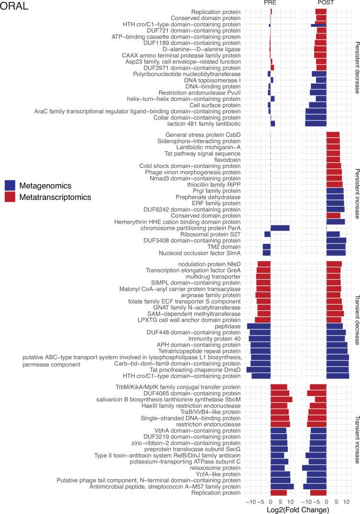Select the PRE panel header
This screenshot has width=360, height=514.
point(271,3)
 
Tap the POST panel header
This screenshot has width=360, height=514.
point(326,3)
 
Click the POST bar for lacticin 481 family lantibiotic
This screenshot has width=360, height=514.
point(316,123)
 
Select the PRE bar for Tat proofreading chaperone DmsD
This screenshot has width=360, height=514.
point(258,370)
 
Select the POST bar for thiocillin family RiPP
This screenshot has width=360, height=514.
point(334,185)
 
